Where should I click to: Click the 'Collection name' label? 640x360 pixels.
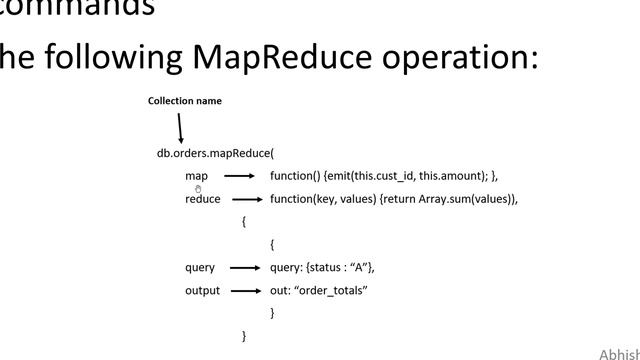[x=185, y=101]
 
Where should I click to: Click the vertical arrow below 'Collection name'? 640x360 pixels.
[x=180, y=128]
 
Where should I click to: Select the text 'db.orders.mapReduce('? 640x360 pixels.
[x=215, y=153]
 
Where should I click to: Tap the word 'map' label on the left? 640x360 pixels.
[x=196, y=176]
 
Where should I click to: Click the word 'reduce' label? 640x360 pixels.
[x=203, y=199]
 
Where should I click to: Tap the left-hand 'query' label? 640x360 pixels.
[x=200, y=268]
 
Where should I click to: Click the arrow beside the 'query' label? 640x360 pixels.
[x=244, y=268]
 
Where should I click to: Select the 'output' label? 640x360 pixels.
[x=202, y=291]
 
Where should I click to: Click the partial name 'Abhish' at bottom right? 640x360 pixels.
[x=619, y=354]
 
